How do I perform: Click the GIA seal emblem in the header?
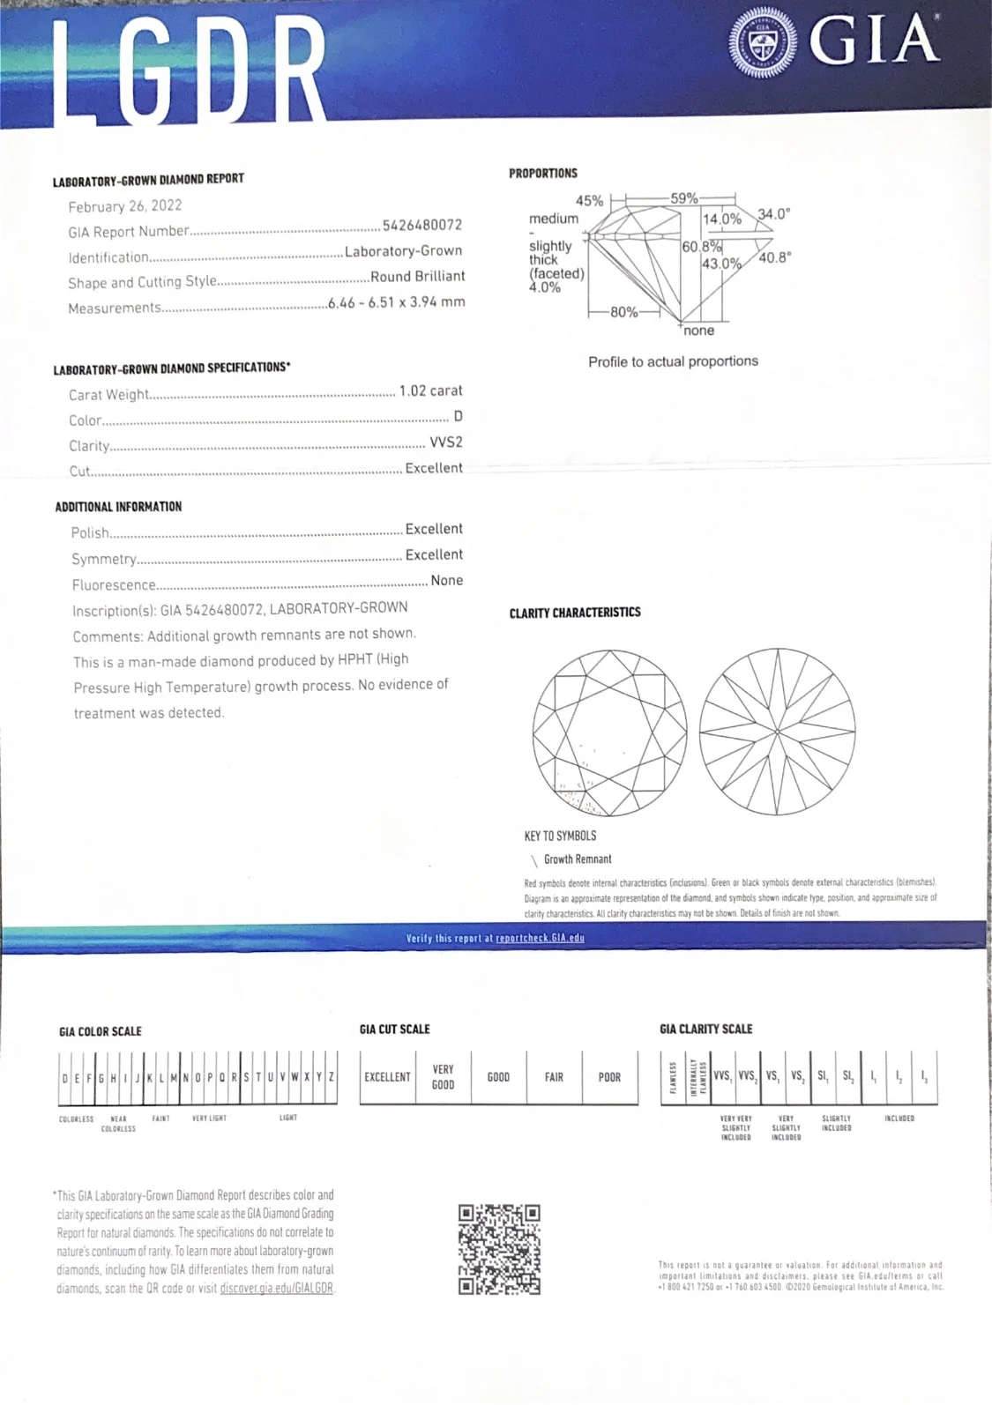click(x=763, y=41)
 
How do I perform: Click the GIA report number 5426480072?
click(x=421, y=226)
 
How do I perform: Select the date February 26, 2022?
click(x=125, y=206)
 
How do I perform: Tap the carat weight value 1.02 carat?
click(x=430, y=390)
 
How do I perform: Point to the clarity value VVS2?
click(x=446, y=442)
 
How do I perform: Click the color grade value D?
click(x=458, y=416)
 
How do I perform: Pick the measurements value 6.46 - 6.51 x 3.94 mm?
click(x=396, y=302)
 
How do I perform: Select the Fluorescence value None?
click(x=446, y=581)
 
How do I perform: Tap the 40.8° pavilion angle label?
click(x=774, y=257)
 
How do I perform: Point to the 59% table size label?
click(x=684, y=198)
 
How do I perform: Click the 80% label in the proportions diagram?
click(x=623, y=312)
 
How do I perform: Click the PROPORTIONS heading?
click(x=543, y=174)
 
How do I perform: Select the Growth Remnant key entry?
click(x=578, y=859)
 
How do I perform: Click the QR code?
click(x=499, y=1250)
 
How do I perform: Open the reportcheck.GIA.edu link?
click(x=540, y=938)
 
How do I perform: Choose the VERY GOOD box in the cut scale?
click(x=443, y=1077)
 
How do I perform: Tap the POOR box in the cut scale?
click(x=609, y=1077)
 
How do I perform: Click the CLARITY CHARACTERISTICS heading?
click(x=575, y=613)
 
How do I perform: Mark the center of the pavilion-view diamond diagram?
click(x=777, y=732)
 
